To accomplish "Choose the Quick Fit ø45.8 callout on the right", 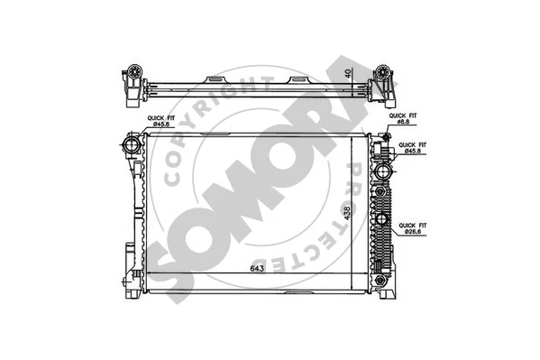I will coord(412,149).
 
